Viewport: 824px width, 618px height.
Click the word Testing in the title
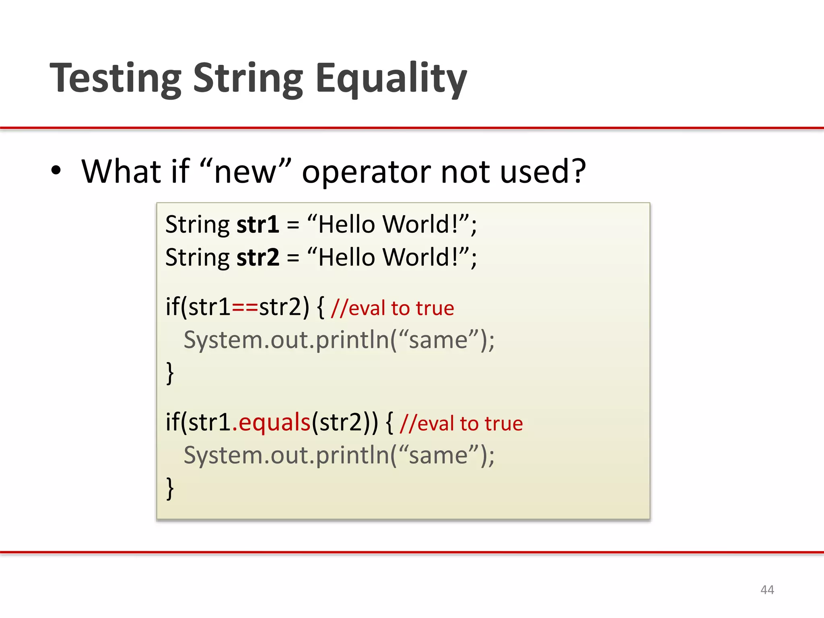(x=116, y=78)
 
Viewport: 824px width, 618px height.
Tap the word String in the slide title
(x=248, y=78)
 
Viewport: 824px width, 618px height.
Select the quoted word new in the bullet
(x=245, y=171)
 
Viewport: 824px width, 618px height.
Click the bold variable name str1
(x=257, y=225)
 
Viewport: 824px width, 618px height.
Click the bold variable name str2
(x=257, y=257)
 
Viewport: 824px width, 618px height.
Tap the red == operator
(x=245, y=308)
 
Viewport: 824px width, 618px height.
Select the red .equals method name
(x=272, y=422)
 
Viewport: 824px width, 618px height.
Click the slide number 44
(x=767, y=590)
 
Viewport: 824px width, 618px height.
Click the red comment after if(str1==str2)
(x=392, y=309)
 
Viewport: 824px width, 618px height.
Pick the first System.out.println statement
(x=339, y=340)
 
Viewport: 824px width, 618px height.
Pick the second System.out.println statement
(x=339, y=455)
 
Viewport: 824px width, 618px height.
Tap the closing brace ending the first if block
(x=170, y=373)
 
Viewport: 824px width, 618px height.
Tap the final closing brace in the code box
(x=170, y=488)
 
